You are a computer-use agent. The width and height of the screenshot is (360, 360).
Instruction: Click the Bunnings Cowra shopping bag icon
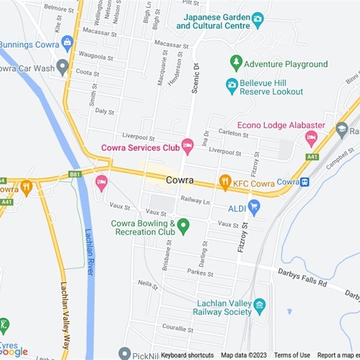tap(67, 44)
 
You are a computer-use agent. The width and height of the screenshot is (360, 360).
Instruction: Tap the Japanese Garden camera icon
tap(257, 19)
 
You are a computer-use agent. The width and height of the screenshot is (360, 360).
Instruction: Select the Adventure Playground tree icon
tap(236, 64)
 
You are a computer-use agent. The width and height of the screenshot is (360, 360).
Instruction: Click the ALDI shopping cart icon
tap(254, 207)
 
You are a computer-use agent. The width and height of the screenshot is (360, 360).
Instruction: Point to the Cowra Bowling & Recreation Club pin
tap(183, 226)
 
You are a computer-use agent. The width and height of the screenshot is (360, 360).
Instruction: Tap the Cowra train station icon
tap(305, 182)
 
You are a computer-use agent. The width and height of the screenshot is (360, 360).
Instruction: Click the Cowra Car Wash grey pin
tap(63, 68)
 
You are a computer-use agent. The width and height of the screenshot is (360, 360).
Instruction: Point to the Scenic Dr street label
tap(195, 78)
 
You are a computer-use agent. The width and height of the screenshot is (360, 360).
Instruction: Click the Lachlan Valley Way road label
tap(64, 315)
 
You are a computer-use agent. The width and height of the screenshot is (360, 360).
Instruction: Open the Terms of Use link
tap(292, 355)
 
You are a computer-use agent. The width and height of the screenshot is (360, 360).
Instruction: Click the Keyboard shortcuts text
tap(187, 355)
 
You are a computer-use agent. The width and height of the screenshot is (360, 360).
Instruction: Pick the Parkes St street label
tap(200, 273)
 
